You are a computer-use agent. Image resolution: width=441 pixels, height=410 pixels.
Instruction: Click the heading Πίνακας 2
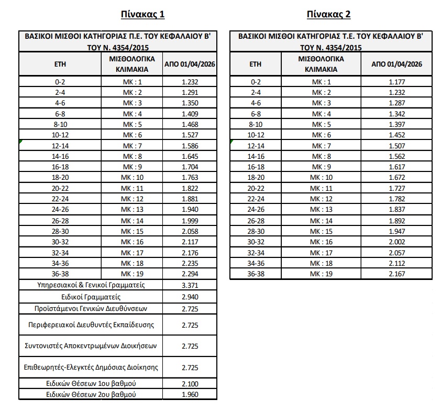329,14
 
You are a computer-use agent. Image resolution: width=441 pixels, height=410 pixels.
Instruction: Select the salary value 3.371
190,285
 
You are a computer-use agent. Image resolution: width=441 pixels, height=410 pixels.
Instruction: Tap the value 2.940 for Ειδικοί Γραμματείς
190,297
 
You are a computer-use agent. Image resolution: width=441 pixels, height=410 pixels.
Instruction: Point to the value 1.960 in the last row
190,394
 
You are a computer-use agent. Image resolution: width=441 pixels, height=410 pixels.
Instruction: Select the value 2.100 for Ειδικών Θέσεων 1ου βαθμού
190,384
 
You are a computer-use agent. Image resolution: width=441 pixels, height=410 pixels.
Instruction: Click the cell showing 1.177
396,82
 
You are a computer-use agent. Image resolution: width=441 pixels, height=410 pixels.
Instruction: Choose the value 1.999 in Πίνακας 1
190,221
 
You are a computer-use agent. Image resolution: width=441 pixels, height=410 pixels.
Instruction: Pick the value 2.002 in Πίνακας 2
396,242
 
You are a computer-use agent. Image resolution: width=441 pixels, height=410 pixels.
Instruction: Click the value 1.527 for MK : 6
190,135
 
